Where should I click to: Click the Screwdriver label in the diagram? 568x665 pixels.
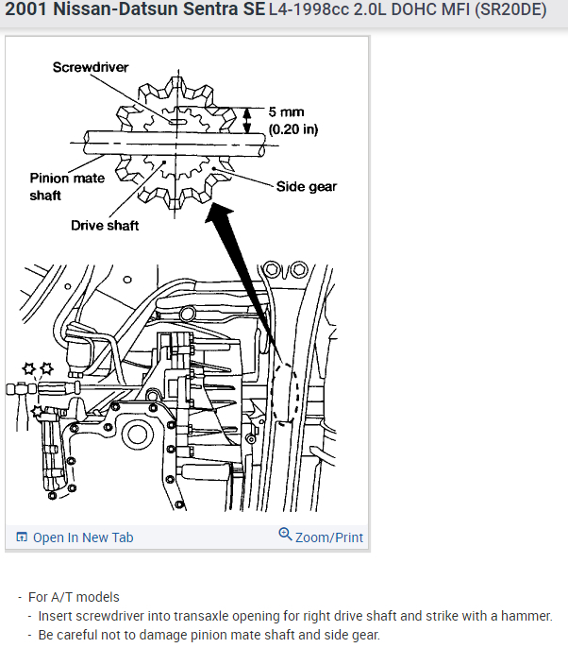(91, 67)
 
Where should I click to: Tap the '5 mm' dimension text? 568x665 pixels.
(287, 112)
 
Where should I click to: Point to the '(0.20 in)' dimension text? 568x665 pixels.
(293, 128)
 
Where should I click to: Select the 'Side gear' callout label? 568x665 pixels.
(306, 186)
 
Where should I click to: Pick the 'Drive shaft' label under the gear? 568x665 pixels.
(105, 225)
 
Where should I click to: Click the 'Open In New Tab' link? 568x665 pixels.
(83, 537)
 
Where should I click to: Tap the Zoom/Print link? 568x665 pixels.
(328, 537)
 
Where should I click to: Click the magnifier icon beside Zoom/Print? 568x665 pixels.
(285, 535)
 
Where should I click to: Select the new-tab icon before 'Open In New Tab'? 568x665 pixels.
(22, 537)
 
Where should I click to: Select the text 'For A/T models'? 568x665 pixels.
(74, 597)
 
